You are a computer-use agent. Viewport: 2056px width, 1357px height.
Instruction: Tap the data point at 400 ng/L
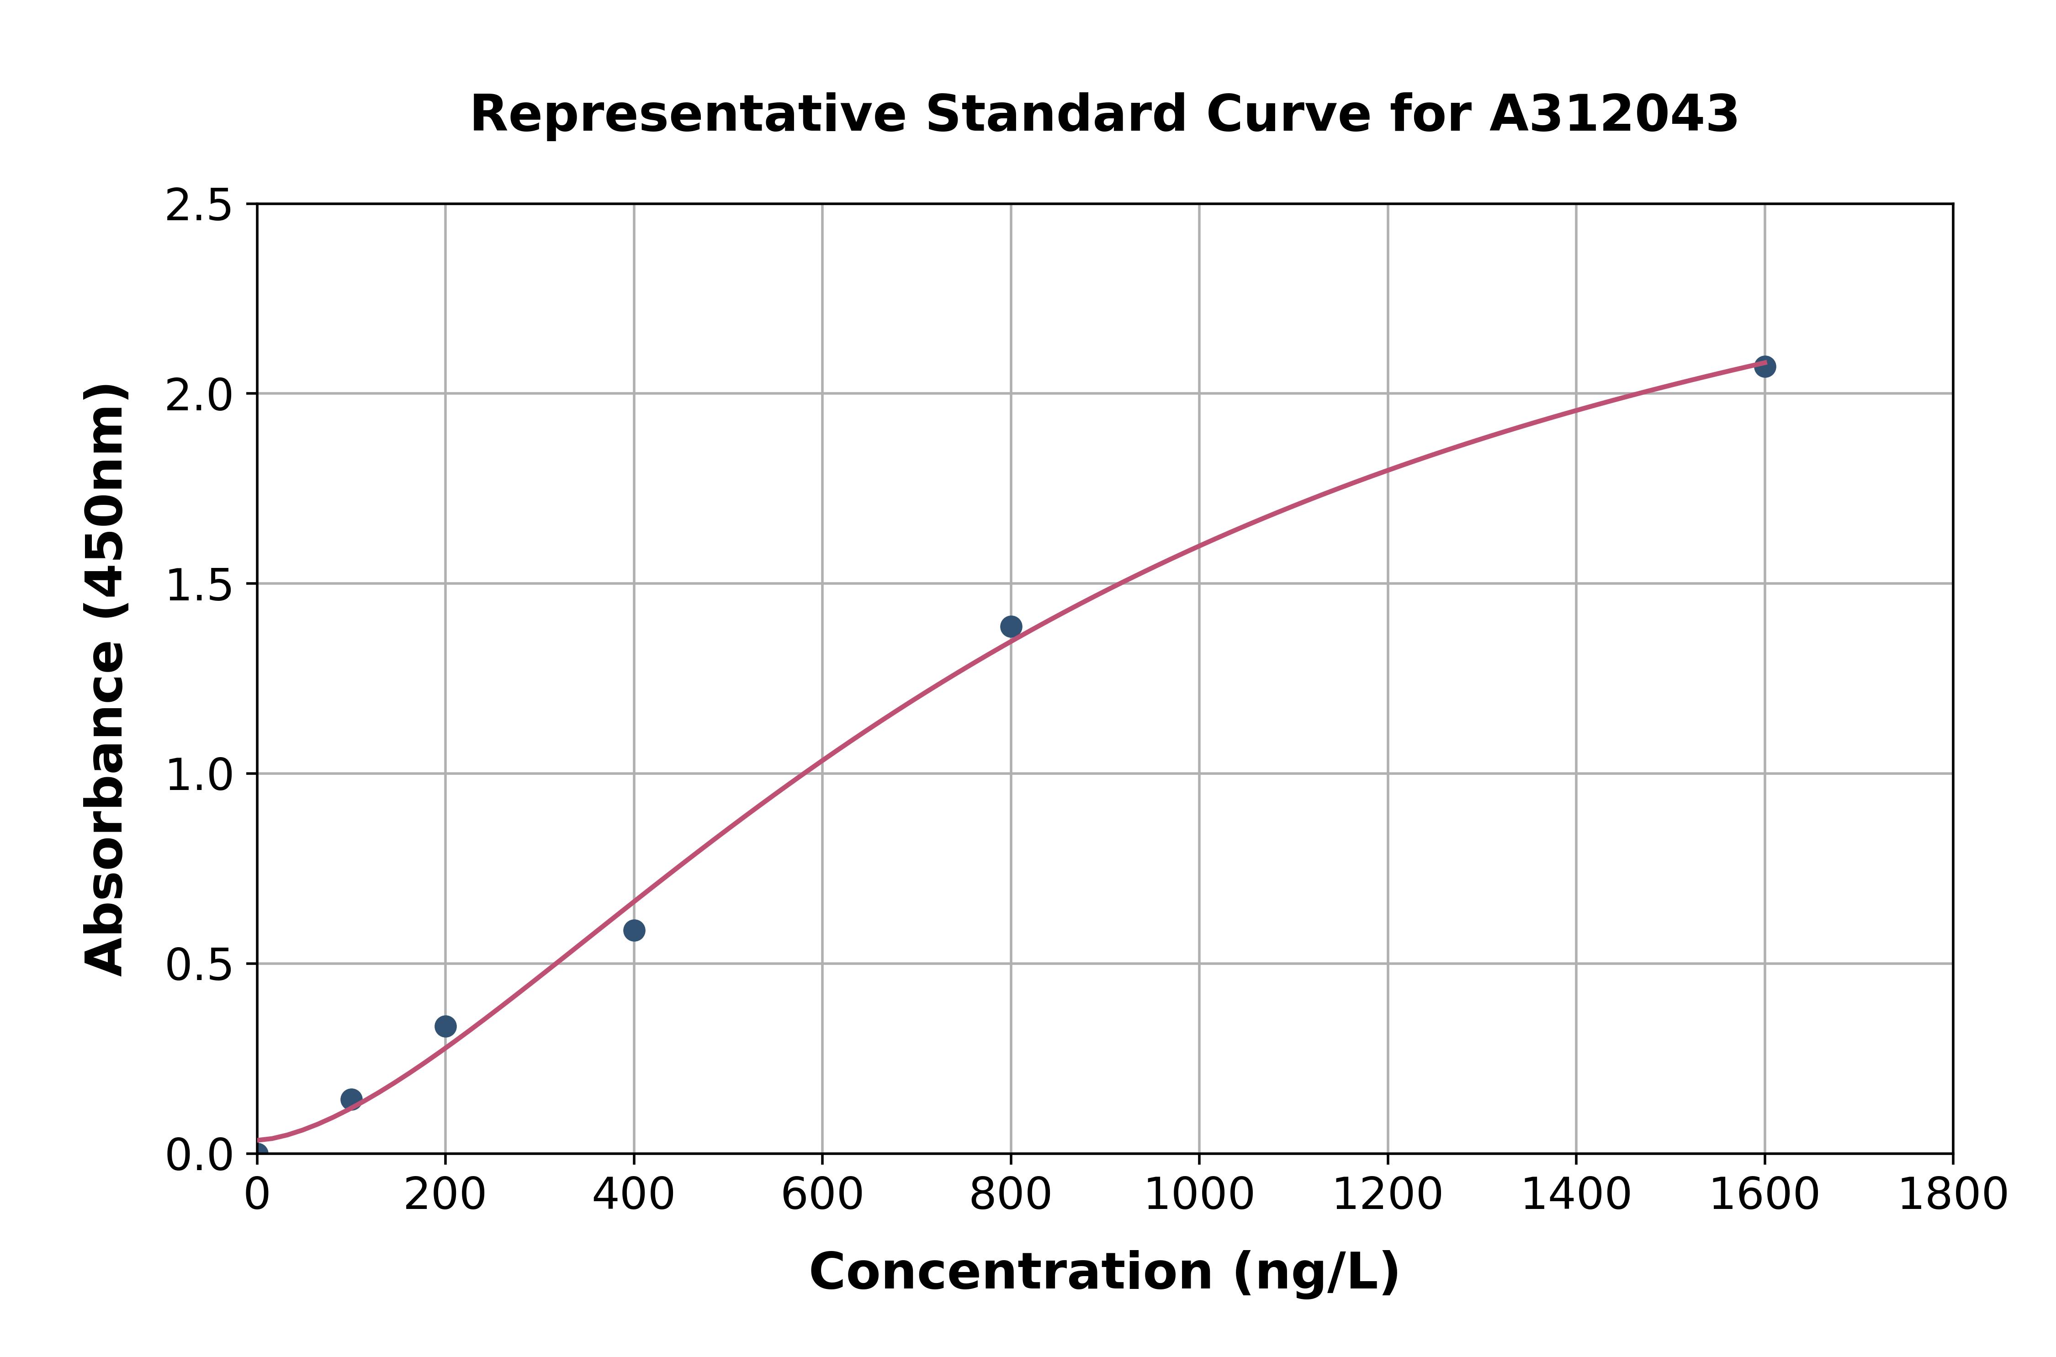[633, 930]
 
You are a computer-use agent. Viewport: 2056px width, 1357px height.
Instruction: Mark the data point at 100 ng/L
[351, 1099]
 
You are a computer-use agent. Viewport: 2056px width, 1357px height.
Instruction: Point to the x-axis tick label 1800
[1952, 1195]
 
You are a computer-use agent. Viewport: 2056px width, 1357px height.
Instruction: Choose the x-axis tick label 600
[822, 1195]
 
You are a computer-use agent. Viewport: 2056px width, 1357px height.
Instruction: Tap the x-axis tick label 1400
[1576, 1195]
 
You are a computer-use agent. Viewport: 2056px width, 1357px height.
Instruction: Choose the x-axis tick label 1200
[1387, 1195]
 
